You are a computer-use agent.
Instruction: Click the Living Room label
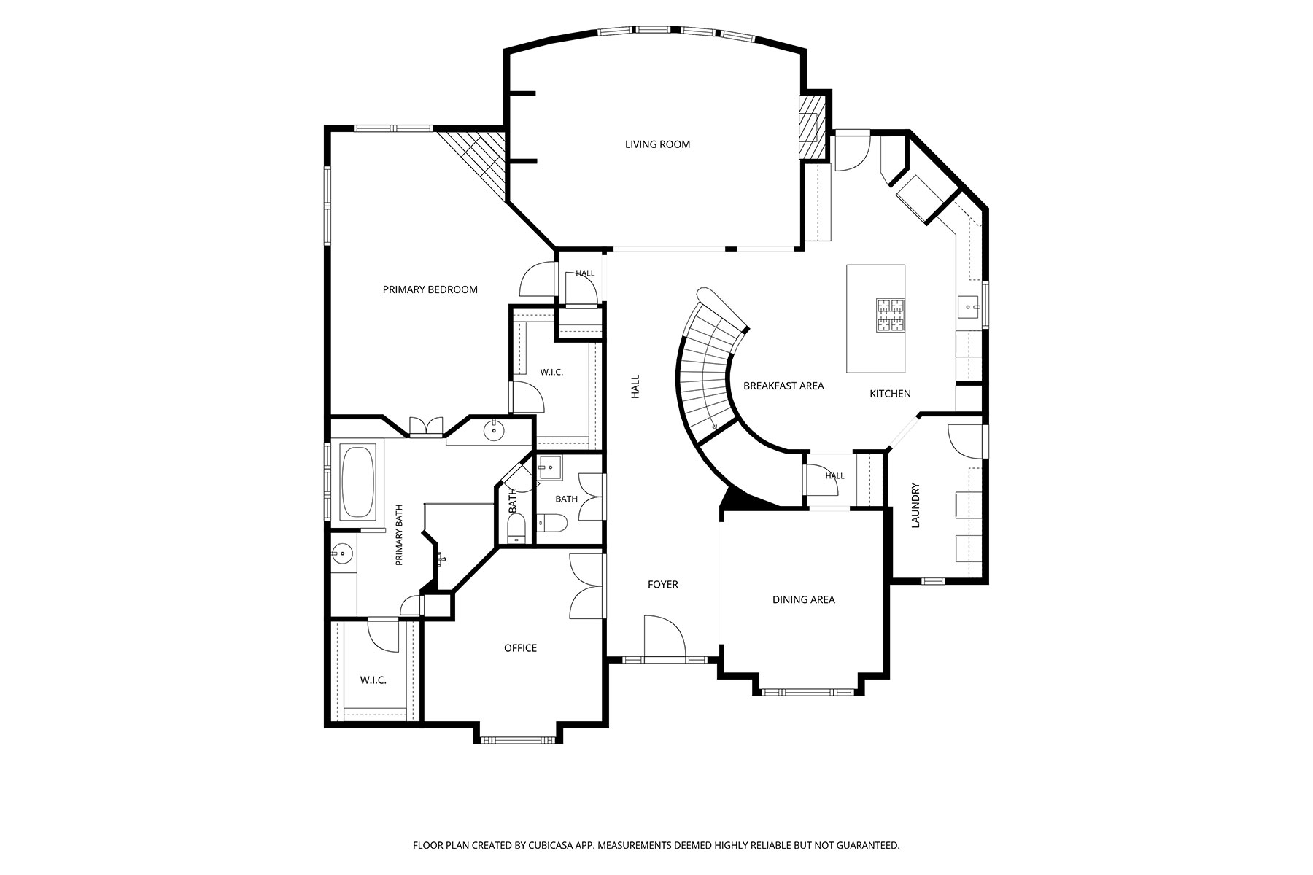point(657,144)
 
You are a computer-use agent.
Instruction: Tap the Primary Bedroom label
point(430,289)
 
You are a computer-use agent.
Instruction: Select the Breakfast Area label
point(783,386)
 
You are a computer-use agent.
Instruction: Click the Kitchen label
point(890,394)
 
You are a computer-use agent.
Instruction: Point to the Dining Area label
point(804,599)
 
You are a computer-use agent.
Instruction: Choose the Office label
point(521,648)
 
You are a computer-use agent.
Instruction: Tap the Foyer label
point(663,584)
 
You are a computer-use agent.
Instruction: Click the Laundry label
point(916,505)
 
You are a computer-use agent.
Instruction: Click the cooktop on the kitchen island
point(890,315)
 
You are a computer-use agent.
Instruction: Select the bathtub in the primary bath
point(357,483)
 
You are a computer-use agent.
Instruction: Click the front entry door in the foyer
point(665,637)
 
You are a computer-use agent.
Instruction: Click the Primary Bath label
point(399,535)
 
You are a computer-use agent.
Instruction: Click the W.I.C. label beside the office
point(373,680)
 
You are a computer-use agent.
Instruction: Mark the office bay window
point(519,740)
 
